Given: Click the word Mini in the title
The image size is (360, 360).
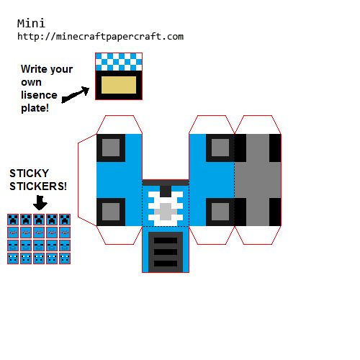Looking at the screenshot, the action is click(31, 24).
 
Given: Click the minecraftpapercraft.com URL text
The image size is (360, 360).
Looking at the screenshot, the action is click(101, 37).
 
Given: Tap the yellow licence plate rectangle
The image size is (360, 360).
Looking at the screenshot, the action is click(119, 85).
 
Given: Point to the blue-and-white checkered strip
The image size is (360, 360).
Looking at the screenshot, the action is click(119, 62).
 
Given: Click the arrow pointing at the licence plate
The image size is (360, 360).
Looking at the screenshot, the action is click(76, 94).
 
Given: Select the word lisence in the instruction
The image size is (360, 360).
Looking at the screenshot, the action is click(39, 95).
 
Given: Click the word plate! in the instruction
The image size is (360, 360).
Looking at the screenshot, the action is click(35, 108).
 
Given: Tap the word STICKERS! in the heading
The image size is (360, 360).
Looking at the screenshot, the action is click(38, 186).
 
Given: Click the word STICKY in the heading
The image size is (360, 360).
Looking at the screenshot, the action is click(29, 174).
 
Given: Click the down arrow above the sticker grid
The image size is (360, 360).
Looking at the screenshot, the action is click(40, 203).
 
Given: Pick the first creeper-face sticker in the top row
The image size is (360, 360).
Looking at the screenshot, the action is click(13, 220).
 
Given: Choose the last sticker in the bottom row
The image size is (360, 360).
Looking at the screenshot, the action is click(65, 258).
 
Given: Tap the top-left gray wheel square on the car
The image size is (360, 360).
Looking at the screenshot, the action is click(111, 148).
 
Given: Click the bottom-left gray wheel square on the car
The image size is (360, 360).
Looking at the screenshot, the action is click(111, 212).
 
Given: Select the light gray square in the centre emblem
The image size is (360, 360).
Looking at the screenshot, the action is click(166, 212).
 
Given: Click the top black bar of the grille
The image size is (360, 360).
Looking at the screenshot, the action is click(166, 240).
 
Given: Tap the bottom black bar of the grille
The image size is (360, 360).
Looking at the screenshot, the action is click(166, 264).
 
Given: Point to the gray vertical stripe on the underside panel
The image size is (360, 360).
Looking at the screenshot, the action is click(258, 180).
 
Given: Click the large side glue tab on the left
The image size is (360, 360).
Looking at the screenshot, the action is click(87, 180).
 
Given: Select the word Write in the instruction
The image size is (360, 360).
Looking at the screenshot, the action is click(34, 69).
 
